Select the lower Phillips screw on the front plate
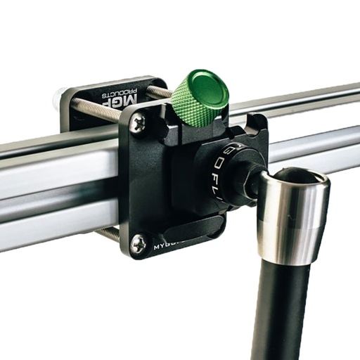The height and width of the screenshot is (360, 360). (139, 243)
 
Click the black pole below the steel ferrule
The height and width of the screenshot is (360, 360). (281, 309)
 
